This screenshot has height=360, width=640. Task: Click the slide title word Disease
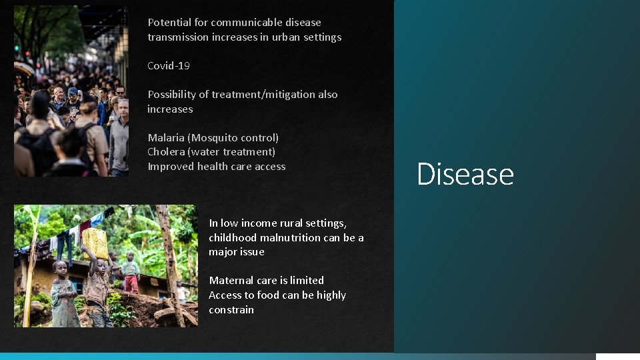[465, 174]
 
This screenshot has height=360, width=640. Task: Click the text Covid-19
[168, 66]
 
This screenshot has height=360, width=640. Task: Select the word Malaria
[166, 138]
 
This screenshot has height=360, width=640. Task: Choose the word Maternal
[231, 281]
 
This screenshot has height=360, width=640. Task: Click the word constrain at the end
[231, 310]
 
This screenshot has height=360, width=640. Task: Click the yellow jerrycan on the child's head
[95, 243]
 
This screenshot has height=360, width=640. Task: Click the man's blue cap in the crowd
[73, 91]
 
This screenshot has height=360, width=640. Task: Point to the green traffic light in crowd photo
[17, 48]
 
